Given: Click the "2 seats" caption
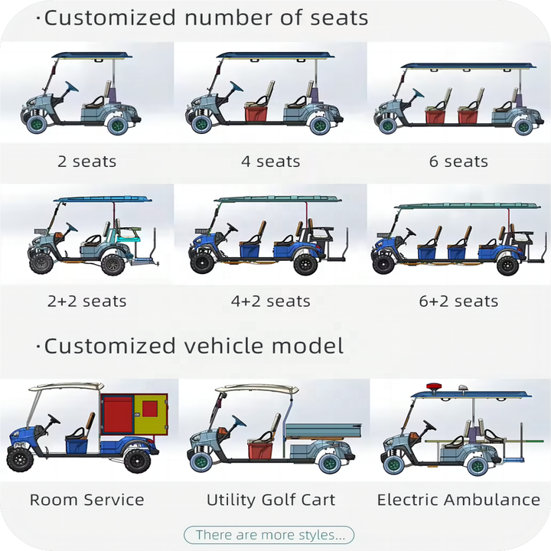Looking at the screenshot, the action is [86, 161].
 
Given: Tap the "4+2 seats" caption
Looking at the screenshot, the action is [271, 302].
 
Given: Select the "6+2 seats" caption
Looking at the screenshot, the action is [458, 302].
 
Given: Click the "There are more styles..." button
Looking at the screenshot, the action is [269, 535].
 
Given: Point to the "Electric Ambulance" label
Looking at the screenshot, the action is [458, 500].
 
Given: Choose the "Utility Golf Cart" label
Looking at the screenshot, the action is [271, 500].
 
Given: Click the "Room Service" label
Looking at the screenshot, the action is [86, 500].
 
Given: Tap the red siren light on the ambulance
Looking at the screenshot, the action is [435, 386].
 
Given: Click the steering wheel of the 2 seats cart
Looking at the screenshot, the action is [72, 86].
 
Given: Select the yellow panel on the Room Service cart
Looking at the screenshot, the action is [150, 414].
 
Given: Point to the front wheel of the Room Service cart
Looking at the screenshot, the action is [20, 459].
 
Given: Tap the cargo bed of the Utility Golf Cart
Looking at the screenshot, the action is [323, 430].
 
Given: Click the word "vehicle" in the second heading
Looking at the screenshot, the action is [223, 346].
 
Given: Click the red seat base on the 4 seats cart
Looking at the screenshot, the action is [256, 114].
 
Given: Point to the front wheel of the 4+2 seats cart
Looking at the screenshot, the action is [202, 262].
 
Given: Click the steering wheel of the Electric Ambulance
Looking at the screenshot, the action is [429, 425].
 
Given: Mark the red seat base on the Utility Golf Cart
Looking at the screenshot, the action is [259, 452].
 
